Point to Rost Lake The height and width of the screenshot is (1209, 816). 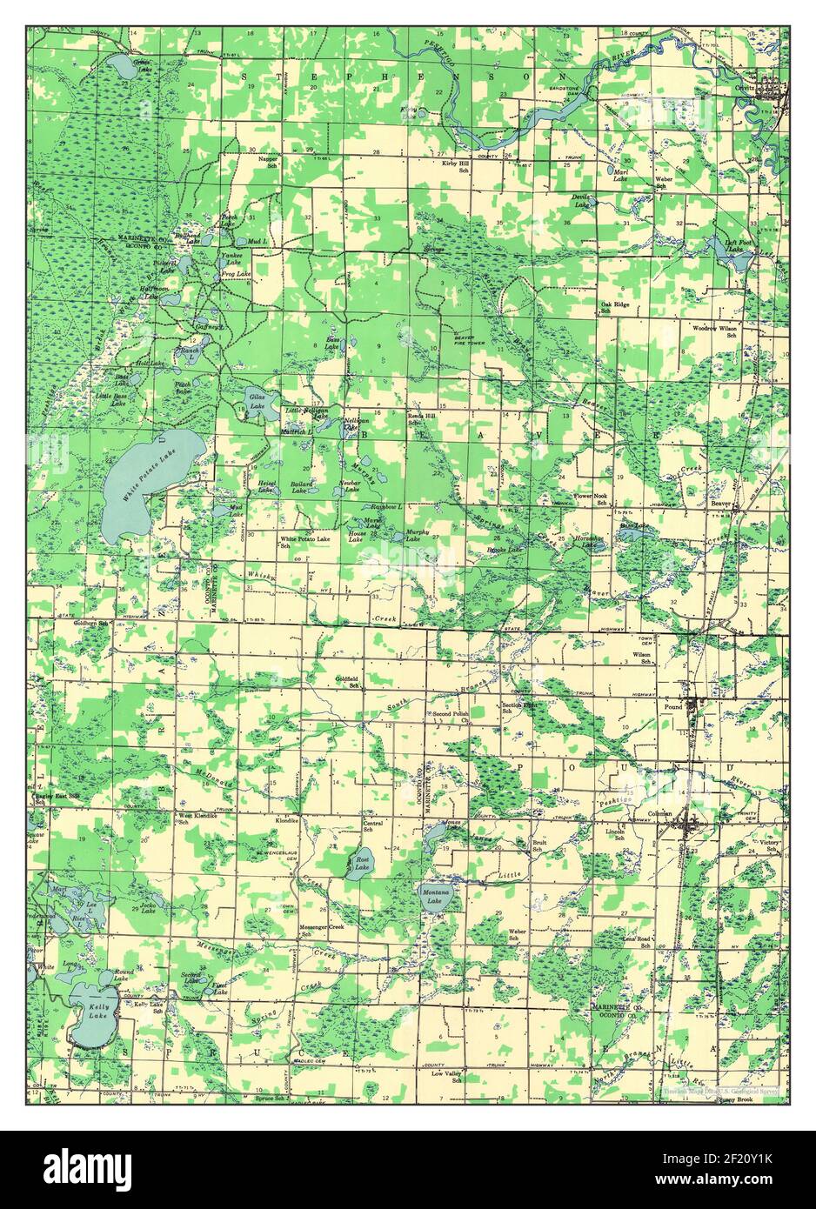(359, 864)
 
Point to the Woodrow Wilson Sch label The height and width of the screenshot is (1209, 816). (715, 331)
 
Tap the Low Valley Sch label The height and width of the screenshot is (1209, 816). (446, 1077)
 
